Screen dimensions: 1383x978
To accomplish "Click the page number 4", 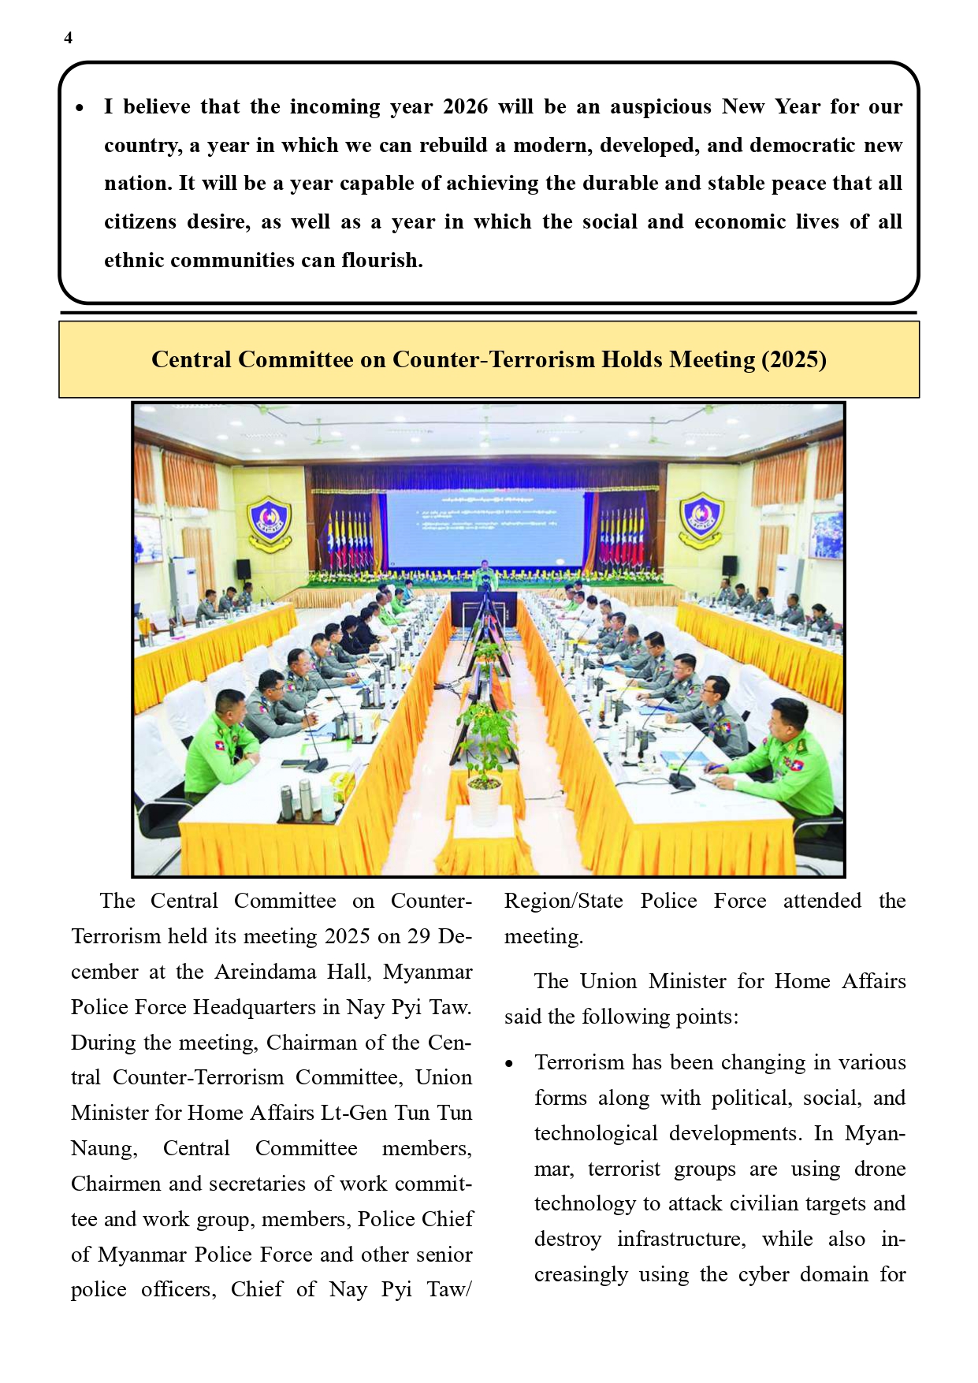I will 69,38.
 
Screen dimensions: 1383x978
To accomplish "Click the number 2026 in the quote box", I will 465,107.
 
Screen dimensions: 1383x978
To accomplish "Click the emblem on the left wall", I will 270,521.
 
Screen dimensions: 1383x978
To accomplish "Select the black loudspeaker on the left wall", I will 244,568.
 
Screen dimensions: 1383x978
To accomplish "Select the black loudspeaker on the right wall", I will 730,565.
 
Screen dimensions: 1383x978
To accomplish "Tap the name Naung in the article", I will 103,1149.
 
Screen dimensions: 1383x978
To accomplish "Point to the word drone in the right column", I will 879,1169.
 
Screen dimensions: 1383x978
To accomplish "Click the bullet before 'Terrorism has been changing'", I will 510,1065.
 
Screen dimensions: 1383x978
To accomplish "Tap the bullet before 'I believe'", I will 80,108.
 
